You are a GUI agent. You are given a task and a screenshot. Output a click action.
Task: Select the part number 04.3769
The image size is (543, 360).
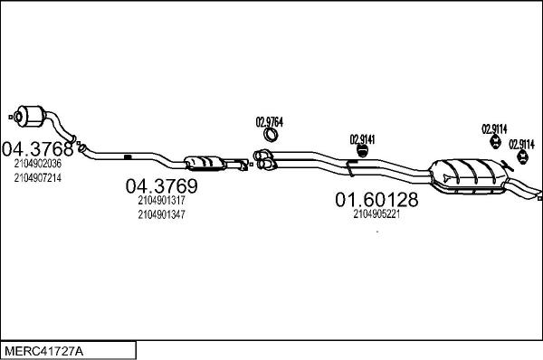coord(160,186)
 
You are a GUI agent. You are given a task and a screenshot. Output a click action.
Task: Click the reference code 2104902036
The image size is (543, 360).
coord(37,164)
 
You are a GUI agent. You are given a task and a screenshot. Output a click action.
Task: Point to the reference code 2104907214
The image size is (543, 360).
coord(37,177)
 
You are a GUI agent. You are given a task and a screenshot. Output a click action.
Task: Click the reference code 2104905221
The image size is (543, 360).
coord(376,214)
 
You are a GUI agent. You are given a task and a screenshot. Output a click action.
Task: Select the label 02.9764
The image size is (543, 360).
coord(270,122)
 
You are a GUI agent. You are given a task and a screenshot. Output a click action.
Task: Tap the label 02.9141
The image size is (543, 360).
coord(363,138)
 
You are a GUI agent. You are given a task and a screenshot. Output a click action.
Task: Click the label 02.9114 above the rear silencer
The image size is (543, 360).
coord(494,128)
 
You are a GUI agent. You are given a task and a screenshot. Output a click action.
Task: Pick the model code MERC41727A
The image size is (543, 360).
coord(42,349)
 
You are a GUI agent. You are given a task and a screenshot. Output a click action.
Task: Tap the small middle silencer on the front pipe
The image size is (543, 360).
coord(207,163)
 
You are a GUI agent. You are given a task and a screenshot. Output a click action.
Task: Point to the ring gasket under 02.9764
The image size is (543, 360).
coord(270,137)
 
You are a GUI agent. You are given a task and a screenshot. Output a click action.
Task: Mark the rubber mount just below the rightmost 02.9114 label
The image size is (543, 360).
coord(521,160)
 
